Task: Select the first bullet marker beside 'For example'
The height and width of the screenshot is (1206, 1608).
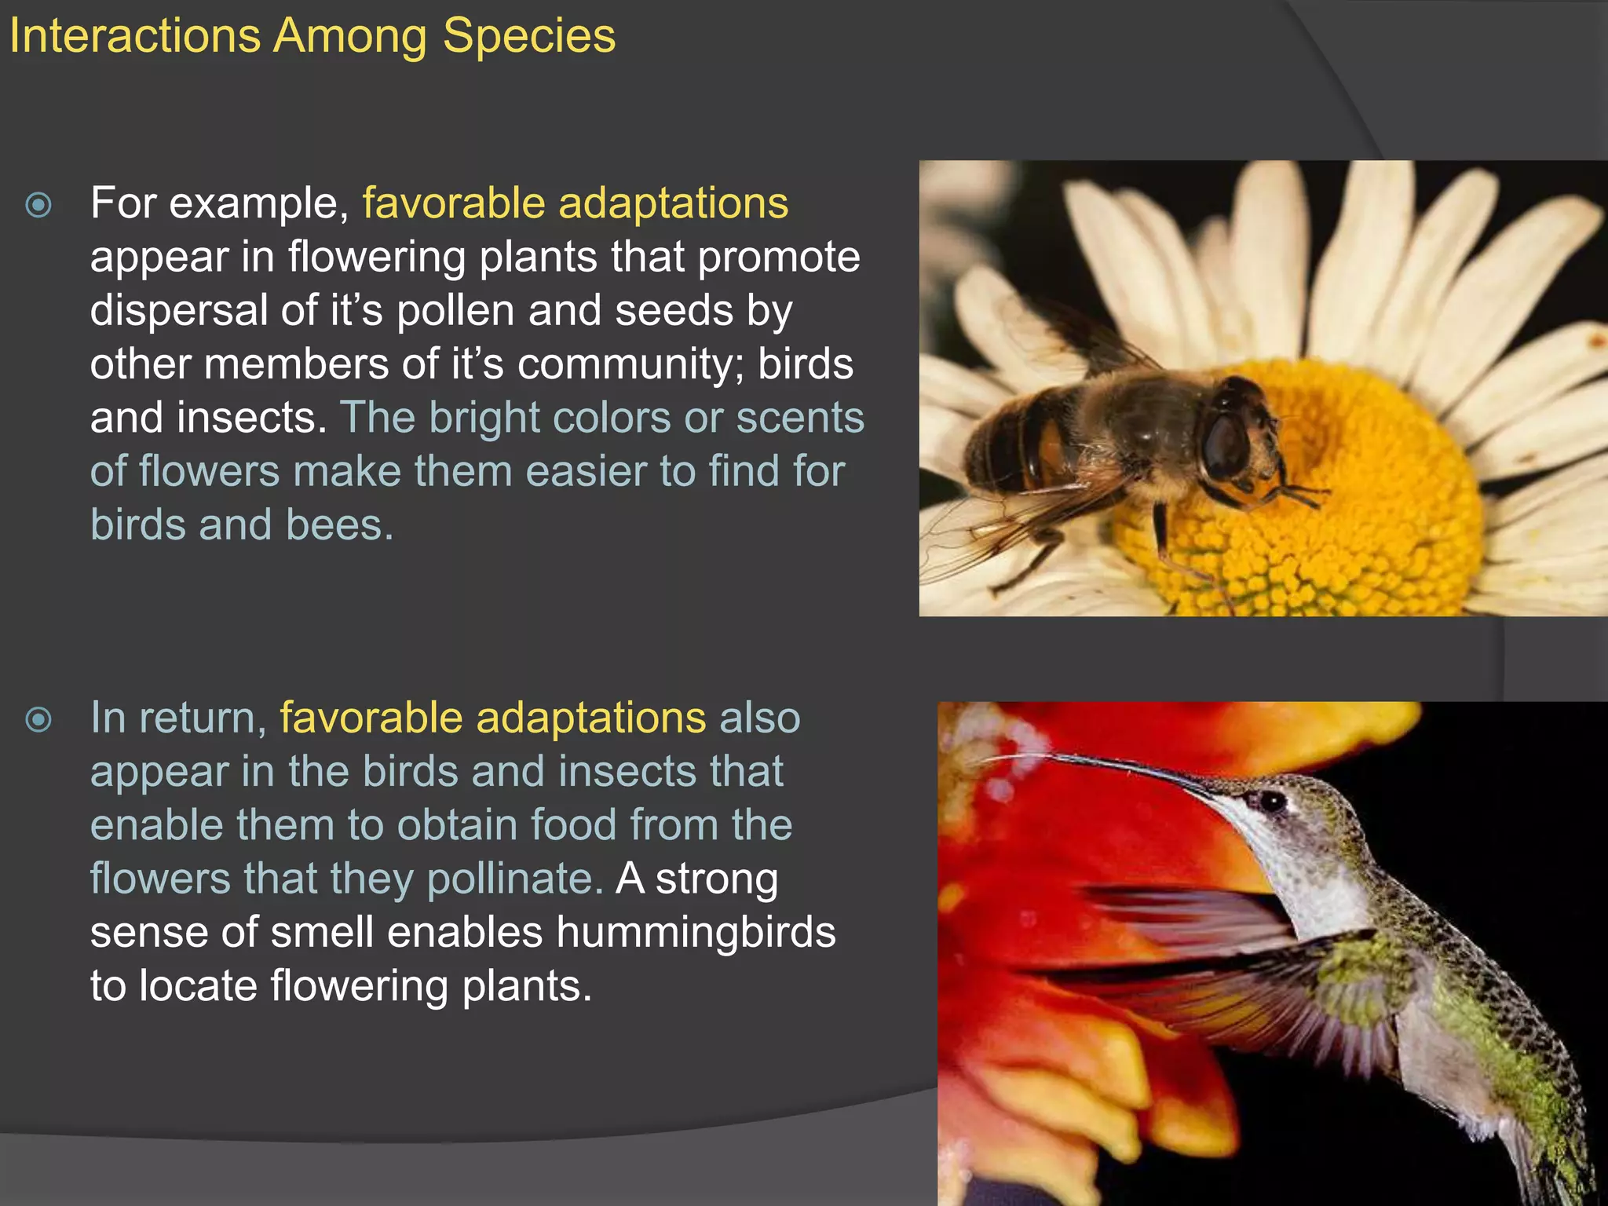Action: pos(38,206)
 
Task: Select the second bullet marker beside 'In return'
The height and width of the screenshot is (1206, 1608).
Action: pos(38,720)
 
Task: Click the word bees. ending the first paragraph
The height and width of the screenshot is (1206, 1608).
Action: pos(339,525)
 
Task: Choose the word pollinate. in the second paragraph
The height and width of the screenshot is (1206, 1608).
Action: pos(515,879)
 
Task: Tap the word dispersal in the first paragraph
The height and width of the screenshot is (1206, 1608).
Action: pos(179,311)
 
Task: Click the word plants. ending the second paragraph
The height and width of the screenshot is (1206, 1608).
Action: pos(526,987)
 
